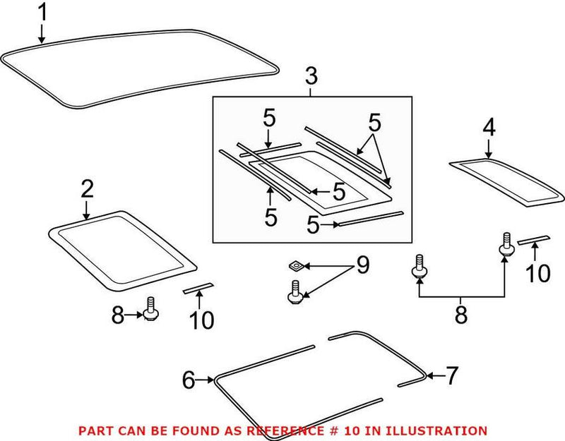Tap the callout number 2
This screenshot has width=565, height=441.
coord(87,188)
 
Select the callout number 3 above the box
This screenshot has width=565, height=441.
coord(312,77)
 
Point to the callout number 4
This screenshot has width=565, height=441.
coord(489,128)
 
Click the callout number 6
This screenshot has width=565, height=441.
coord(188,380)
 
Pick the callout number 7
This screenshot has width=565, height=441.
coord(452,376)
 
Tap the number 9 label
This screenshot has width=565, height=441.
coord(362,266)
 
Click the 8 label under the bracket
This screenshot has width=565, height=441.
coord(460,315)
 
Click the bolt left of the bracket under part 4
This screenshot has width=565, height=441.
coord(419,267)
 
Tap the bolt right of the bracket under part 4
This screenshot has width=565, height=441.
coord(506,244)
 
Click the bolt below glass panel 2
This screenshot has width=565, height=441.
coord(150,309)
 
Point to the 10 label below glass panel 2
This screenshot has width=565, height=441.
coord(201,320)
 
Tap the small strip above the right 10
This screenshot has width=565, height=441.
coord(533,240)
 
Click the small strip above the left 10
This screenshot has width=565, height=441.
coord(198,287)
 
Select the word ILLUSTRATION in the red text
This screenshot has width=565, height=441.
coord(439,430)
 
